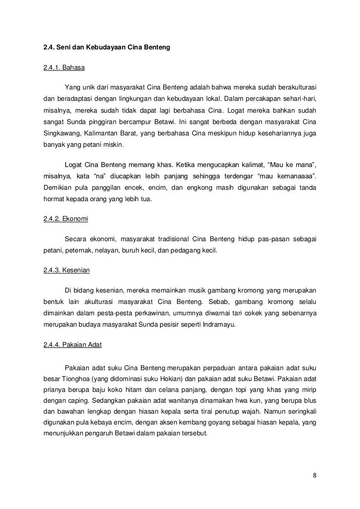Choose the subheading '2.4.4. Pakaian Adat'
click(x=73, y=345)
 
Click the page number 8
click(x=315, y=475)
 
